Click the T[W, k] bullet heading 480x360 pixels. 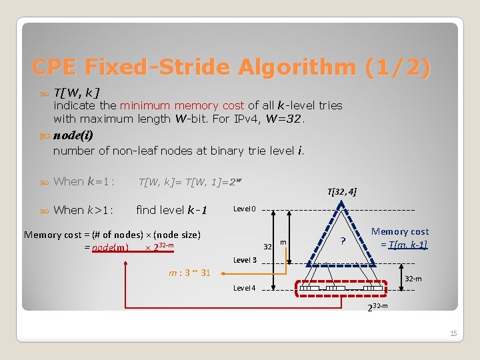tap(77, 92)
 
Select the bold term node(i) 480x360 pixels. tap(73, 135)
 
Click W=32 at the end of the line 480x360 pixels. tap(283, 119)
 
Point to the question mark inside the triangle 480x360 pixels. tap(343, 241)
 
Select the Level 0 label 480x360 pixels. tap(245, 209)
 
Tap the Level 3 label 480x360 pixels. tap(245, 260)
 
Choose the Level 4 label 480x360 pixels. tap(245, 288)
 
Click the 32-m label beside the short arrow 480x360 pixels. tap(414, 279)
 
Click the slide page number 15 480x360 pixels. tap(453, 333)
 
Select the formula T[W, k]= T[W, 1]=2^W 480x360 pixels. tap(181, 181)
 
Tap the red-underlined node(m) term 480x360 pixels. tap(111, 247)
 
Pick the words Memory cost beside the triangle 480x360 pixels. tap(400, 231)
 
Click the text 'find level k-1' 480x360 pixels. tap(172, 210)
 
